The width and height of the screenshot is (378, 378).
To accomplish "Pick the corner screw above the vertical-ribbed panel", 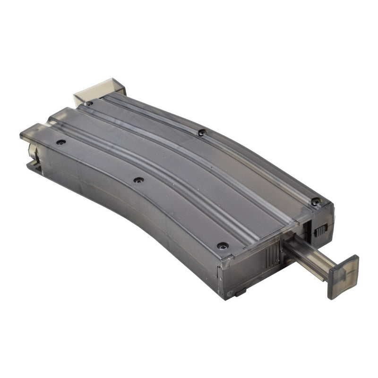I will pos(222,246).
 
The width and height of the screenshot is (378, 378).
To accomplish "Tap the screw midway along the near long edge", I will pos(138,180).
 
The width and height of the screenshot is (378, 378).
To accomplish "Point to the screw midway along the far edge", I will pos(202,133).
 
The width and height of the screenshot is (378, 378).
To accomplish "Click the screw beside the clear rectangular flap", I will pos(89,103).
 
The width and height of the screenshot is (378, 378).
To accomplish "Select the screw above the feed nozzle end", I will pos(60,142).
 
